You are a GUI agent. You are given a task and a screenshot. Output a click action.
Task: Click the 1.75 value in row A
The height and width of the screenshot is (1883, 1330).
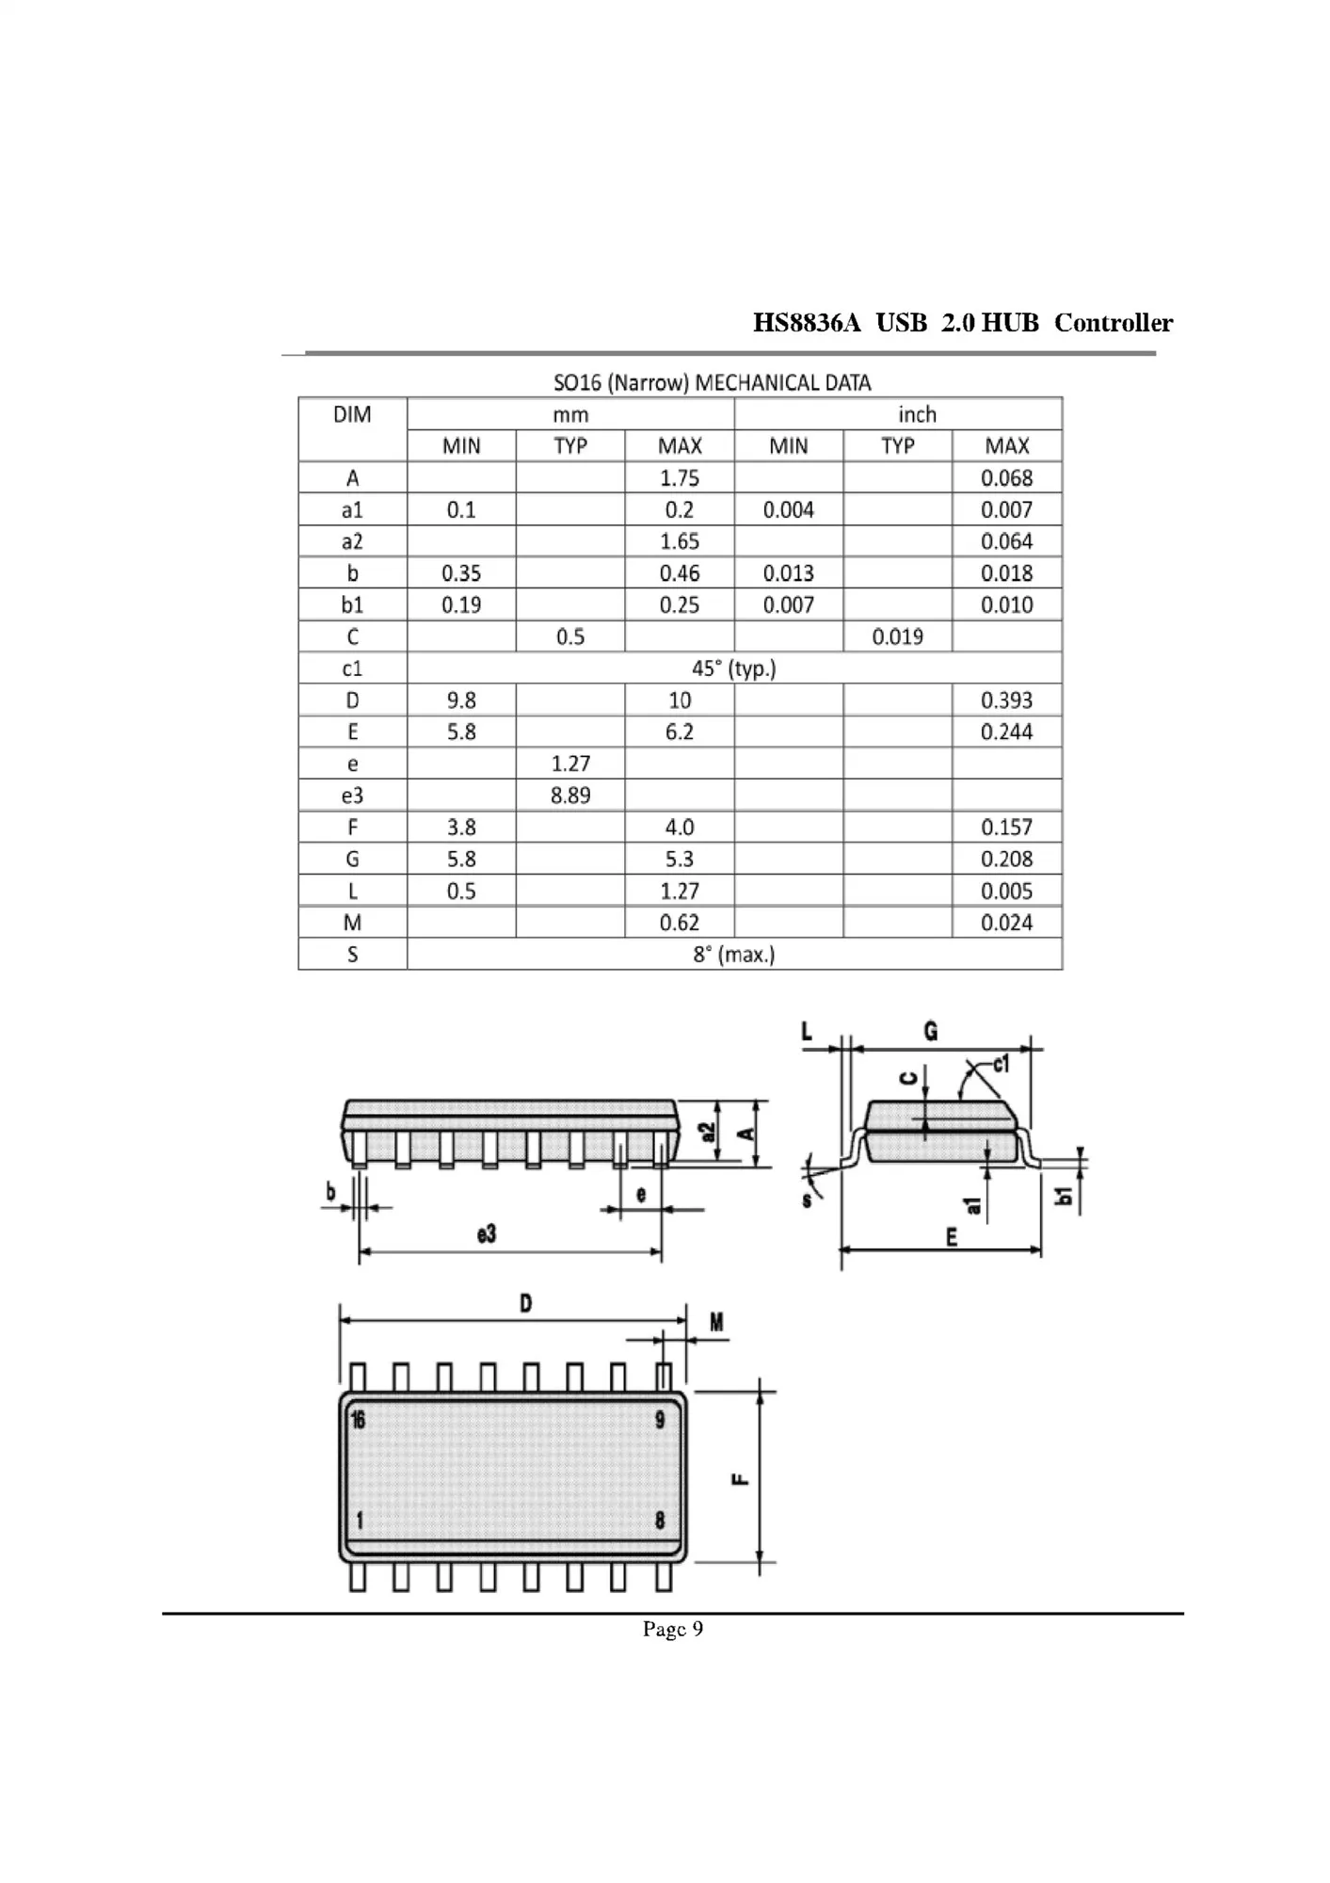[679, 478]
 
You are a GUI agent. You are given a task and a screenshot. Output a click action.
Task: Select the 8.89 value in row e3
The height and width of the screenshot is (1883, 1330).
[570, 796]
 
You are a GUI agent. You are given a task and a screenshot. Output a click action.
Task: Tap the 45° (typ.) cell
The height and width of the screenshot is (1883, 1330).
[733, 668]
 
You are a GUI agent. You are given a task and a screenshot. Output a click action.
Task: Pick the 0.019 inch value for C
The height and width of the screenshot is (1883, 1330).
[897, 636]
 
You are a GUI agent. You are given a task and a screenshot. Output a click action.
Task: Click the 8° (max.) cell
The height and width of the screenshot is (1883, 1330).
[733, 955]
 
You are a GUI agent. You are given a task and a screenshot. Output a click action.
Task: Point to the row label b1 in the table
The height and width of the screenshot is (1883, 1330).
[352, 604]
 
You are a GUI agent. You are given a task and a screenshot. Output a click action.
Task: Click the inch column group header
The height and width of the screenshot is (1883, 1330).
[916, 414]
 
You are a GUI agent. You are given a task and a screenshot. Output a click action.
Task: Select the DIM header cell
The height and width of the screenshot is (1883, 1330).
[352, 414]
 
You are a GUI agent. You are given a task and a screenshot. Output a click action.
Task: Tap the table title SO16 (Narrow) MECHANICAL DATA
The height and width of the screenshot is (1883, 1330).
[712, 383]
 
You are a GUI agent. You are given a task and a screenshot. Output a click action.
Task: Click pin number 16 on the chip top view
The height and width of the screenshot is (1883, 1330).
[359, 1420]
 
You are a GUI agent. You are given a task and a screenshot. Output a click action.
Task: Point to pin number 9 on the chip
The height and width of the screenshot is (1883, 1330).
[660, 1420]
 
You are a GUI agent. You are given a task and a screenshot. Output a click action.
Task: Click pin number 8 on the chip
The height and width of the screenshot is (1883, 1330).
[660, 1521]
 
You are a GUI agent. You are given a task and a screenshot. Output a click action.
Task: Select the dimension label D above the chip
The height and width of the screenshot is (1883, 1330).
[525, 1304]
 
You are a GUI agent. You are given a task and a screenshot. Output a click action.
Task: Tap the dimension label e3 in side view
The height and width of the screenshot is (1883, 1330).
[486, 1234]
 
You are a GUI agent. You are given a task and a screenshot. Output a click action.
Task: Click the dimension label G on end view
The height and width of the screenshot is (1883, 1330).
[930, 1032]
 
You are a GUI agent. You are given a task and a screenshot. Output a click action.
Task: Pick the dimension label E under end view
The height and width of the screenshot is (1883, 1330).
[952, 1237]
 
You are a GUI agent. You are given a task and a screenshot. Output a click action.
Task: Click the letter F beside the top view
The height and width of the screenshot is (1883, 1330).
[741, 1478]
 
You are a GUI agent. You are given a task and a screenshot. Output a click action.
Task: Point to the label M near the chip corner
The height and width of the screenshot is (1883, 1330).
[716, 1323]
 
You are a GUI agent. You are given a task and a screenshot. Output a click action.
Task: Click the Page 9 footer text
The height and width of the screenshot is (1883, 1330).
[672, 1630]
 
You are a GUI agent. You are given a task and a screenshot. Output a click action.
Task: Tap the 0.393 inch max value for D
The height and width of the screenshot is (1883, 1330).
[1006, 700]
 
